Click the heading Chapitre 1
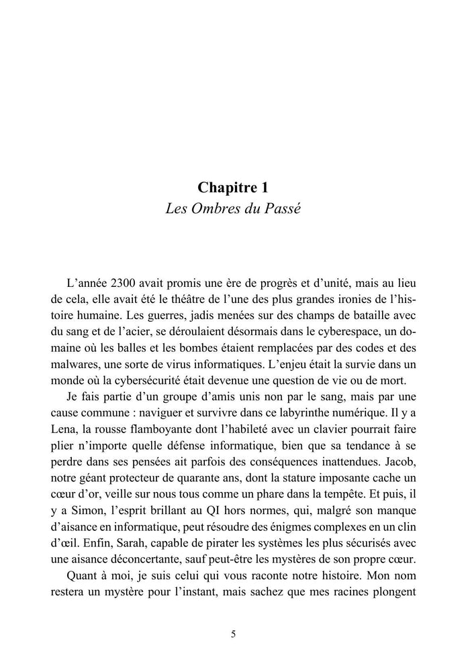coord(234,188)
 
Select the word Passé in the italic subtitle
coord(283,208)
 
